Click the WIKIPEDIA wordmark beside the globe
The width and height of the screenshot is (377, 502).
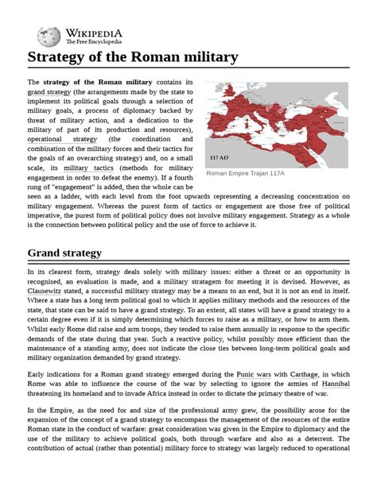coord(93,30)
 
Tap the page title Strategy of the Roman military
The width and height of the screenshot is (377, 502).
coord(133,57)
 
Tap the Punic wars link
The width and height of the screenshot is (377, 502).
coord(251,373)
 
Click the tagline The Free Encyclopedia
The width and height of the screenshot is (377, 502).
coord(94,41)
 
